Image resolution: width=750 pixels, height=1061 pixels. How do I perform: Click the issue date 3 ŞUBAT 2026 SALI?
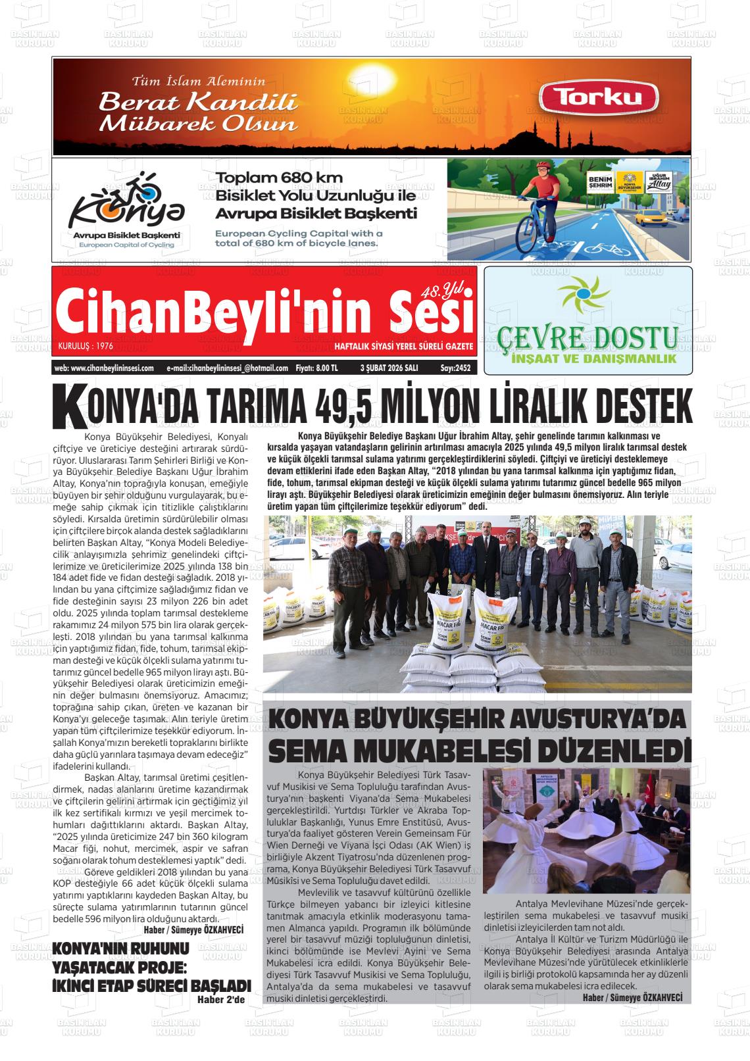pyautogui.click(x=389, y=368)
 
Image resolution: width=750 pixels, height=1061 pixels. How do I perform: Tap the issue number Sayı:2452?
pyautogui.click(x=455, y=368)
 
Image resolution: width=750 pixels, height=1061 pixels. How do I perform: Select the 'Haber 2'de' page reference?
pyautogui.click(x=220, y=1000)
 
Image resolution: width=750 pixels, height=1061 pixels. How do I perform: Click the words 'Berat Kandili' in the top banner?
pyautogui.click(x=198, y=102)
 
